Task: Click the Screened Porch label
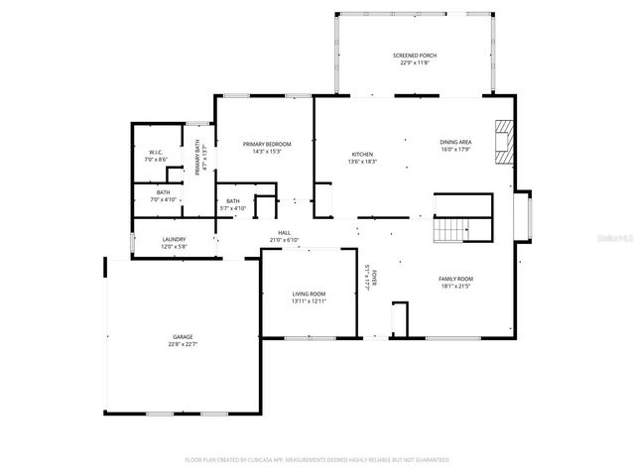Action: (414, 56)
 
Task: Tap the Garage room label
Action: (182, 337)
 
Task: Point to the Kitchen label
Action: (362, 154)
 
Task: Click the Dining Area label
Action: (455, 143)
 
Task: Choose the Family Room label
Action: (455, 279)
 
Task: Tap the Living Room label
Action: (309, 294)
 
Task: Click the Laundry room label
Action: (175, 239)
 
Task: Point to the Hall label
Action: (284, 232)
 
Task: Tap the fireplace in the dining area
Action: (505, 143)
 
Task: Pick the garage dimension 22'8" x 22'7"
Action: (182, 345)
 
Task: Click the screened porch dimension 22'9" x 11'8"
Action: (414, 63)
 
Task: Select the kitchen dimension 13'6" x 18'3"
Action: (362, 162)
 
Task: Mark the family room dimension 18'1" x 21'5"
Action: (455, 287)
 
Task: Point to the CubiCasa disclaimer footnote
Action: (317, 460)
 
